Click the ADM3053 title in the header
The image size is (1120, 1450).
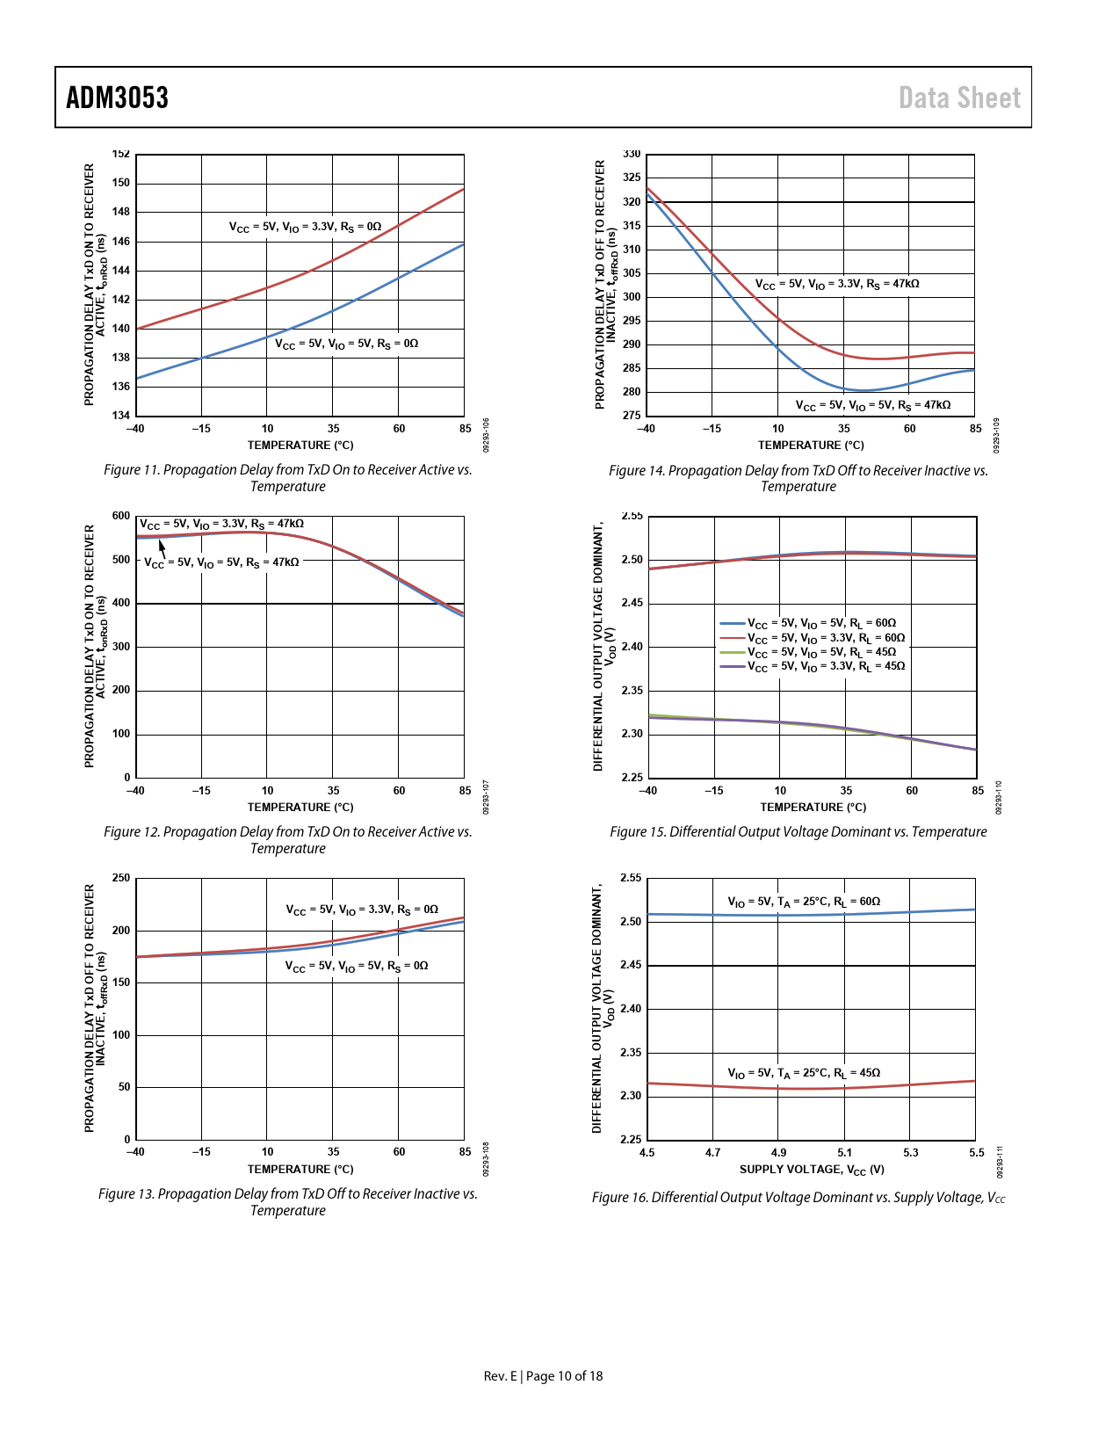coord(118,98)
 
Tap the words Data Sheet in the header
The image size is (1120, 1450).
coord(959,98)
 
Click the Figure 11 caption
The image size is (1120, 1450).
coord(288,478)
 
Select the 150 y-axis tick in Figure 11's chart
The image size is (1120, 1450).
coord(121,183)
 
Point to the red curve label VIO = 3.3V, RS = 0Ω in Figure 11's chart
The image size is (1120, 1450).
coord(306,227)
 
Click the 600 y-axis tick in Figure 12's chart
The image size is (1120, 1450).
coord(121,516)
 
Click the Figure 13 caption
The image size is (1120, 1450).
coord(288,1202)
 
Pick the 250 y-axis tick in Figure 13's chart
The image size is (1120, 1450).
coord(121,878)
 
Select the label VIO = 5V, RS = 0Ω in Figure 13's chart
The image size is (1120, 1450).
coord(357,966)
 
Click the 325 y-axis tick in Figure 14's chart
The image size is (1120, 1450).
coord(632,178)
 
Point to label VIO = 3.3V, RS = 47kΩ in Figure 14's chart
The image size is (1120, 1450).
coord(837,284)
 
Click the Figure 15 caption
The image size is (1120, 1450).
coord(798,831)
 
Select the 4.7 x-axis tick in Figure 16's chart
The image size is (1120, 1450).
coord(713,1152)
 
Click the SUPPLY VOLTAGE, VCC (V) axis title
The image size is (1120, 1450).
coord(812,1170)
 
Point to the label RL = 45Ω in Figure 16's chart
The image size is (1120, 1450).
coord(804,1073)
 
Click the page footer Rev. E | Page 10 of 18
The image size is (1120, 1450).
coord(544,1376)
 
